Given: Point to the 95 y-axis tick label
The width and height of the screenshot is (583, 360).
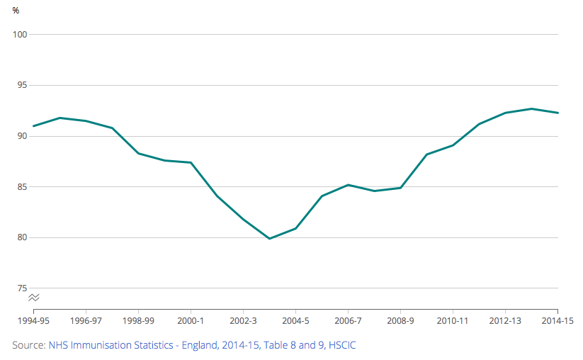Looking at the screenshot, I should [x=21, y=86].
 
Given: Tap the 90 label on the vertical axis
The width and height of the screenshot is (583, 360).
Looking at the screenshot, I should [x=21, y=136].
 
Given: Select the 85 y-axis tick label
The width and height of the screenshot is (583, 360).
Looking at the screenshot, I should [x=21, y=187].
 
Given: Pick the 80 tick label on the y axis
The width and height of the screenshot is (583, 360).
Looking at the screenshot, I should [x=21, y=237].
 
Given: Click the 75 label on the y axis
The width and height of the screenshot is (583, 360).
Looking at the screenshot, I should [x=21, y=288].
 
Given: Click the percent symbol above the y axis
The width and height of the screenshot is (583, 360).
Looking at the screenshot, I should [x=16, y=10].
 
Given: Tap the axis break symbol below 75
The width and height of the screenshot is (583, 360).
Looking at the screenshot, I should [x=33, y=298].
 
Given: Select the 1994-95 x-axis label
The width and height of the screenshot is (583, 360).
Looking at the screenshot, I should [x=33, y=320].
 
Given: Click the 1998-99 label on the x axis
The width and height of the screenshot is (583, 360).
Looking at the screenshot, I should [x=138, y=320].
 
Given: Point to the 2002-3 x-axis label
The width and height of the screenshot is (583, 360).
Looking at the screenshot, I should [x=243, y=320].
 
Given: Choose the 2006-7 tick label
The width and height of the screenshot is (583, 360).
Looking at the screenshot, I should [x=348, y=320].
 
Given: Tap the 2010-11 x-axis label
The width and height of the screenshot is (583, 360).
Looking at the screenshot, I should [x=453, y=320].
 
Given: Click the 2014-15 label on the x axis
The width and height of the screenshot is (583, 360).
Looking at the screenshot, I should [x=557, y=320].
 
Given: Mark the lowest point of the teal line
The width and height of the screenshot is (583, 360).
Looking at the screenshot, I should [x=269, y=238].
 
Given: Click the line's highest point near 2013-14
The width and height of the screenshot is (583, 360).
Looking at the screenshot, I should [x=531, y=108].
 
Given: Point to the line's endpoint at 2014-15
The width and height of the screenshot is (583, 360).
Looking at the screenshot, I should [x=557, y=113].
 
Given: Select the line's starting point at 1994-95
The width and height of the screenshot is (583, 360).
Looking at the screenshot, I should [x=33, y=126].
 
